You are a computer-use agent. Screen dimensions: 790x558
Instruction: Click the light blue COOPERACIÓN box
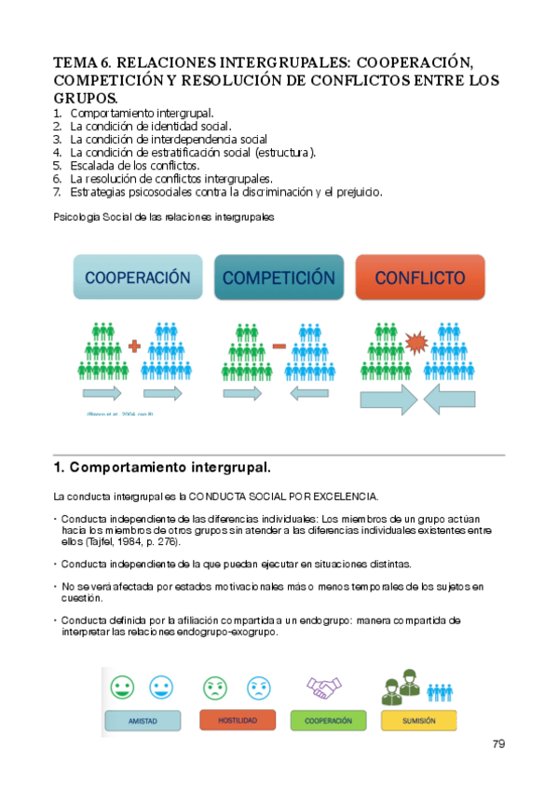138,278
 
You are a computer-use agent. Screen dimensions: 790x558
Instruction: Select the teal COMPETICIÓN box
278,278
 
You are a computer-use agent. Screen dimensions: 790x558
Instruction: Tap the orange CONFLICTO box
420,278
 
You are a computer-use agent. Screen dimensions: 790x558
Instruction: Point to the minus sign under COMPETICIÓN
278,347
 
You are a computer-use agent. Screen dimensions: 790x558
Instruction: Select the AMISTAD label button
142,720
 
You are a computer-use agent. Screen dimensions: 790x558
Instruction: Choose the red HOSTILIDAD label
237,720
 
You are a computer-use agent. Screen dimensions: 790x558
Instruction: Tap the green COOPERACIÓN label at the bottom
327,720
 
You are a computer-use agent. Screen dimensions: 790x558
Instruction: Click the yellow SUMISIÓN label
418,720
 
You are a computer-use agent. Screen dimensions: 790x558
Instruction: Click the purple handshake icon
324,688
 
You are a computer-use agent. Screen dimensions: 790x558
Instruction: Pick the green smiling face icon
121,688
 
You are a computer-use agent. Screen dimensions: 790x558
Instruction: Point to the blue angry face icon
258,688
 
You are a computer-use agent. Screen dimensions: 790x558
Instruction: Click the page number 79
498,744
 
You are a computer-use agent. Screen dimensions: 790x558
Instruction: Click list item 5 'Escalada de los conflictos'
134,165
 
